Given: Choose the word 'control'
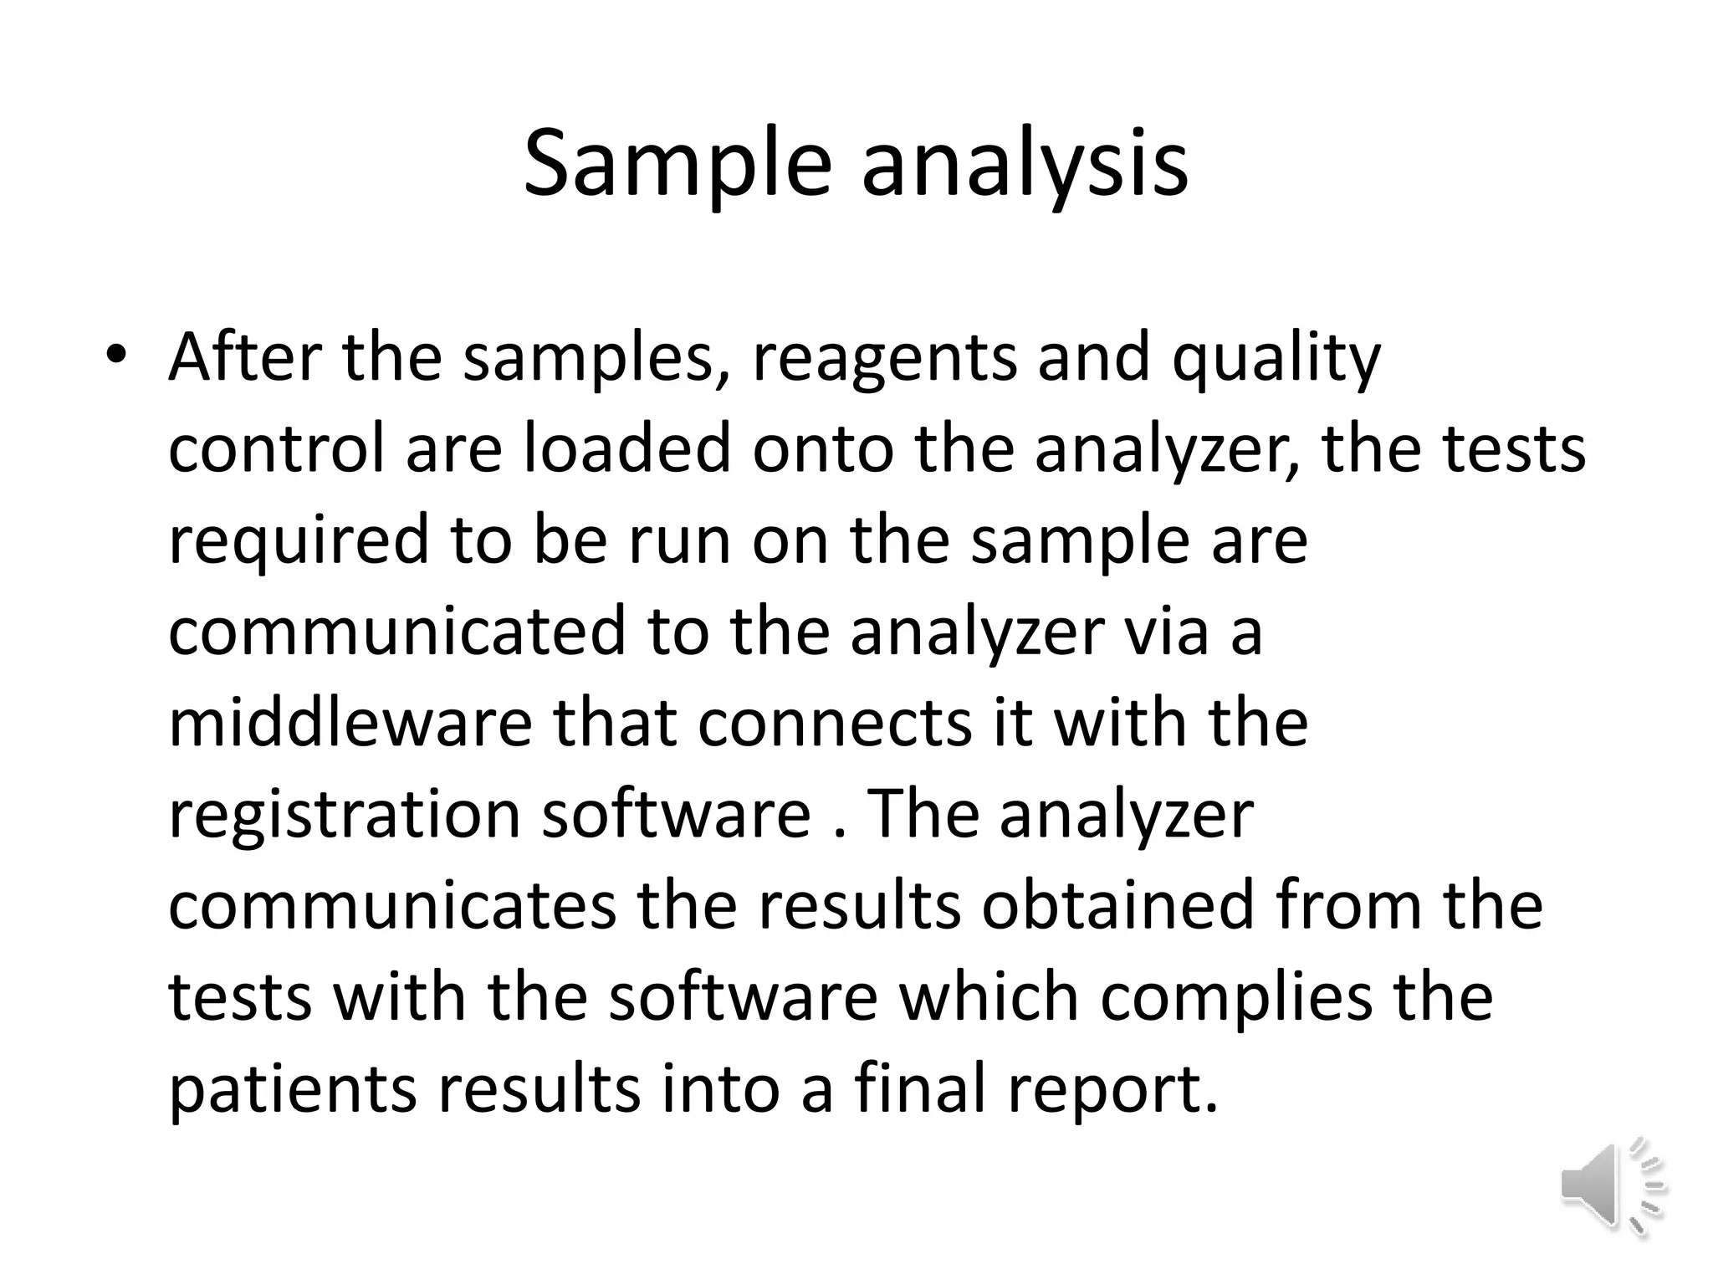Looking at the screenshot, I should click(276, 449).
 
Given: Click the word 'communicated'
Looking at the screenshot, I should click(397, 632).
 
